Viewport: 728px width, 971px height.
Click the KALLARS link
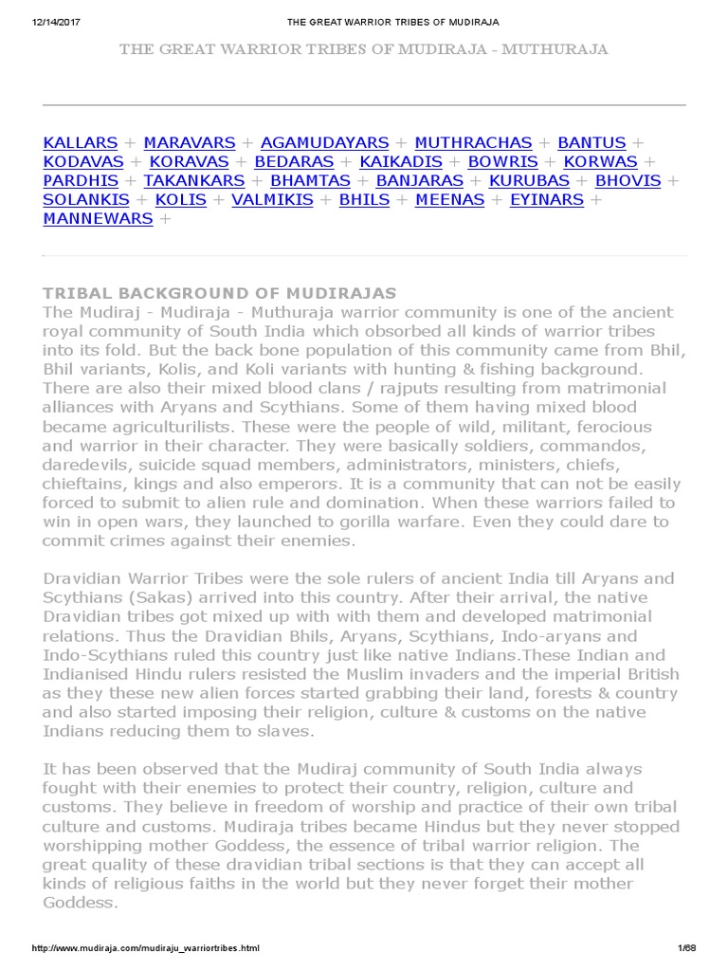pos(81,143)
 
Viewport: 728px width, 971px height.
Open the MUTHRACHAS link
pos(474,143)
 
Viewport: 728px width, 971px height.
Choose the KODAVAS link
pos(83,162)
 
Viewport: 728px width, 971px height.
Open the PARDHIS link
pos(81,181)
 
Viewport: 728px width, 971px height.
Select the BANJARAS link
pos(420,181)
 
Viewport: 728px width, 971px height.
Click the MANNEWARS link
pos(98,219)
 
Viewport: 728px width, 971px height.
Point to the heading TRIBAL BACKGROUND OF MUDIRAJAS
pos(220,293)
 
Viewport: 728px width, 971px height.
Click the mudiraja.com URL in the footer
pos(145,948)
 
